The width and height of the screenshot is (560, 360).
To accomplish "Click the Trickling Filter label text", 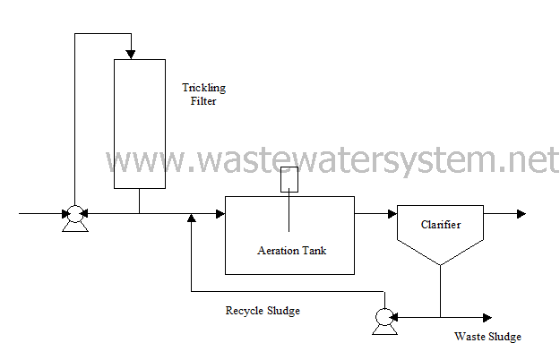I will pyautogui.click(x=204, y=94).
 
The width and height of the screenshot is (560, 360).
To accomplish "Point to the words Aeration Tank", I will pyautogui.click(x=291, y=250).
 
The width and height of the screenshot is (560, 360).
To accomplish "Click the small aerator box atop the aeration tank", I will pyautogui.click(x=289, y=180).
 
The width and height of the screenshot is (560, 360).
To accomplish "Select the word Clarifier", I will pyautogui.click(x=440, y=225).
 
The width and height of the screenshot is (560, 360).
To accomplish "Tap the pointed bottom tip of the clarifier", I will pyautogui.click(x=440, y=265).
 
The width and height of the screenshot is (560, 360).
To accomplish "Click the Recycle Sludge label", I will pyautogui.click(x=262, y=311).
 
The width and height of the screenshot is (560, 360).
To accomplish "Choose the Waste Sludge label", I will pyautogui.click(x=487, y=337).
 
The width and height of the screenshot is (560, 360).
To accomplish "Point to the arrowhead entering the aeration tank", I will pyautogui.click(x=219, y=214).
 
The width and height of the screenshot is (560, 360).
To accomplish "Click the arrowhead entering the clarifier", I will pyautogui.click(x=392, y=214).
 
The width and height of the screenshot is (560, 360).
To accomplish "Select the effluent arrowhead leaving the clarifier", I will pyautogui.click(x=521, y=214).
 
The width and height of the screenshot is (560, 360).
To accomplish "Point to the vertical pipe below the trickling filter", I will pyautogui.click(x=139, y=201).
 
